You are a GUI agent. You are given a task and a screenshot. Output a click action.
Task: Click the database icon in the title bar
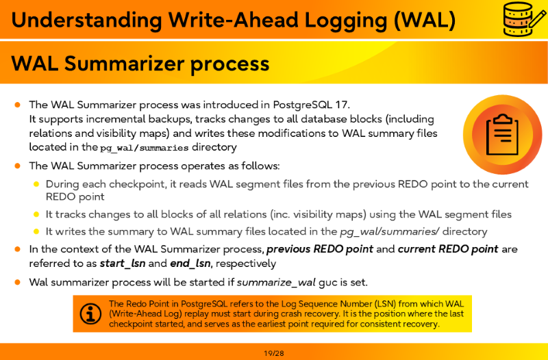click(523, 18)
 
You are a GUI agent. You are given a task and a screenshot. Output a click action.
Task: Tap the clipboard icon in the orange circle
click(502, 134)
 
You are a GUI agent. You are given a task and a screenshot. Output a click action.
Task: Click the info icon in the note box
click(90, 313)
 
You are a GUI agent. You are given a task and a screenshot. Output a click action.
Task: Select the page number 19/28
click(274, 353)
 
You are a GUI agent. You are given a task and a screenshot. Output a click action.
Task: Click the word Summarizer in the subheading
click(125, 64)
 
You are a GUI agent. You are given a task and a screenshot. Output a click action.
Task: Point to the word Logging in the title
click(346, 20)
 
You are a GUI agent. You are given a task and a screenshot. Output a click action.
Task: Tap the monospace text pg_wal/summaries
click(144, 148)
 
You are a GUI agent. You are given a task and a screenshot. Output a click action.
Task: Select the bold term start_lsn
click(123, 263)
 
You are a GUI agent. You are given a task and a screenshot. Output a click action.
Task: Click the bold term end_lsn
click(190, 263)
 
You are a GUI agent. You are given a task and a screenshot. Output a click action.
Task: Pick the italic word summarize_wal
click(276, 282)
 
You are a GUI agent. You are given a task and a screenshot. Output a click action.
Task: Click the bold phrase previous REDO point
click(320, 249)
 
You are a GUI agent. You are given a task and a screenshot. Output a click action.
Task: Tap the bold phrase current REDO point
click(448, 249)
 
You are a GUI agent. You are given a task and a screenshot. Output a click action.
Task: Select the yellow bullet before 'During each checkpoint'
click(36, 184)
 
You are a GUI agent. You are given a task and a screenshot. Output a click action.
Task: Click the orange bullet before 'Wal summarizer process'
click(18, 282)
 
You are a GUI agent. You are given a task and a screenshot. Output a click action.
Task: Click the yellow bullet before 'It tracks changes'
click(36, 214)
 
